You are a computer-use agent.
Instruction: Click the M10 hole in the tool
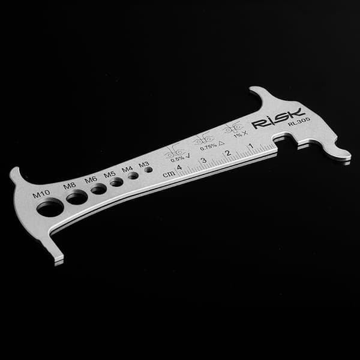(x=50, y=208)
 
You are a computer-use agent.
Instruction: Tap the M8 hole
(x=77, y=197)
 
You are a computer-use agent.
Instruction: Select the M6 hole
(x=99, y=189)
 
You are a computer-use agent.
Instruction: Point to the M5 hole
(x=116, y=182)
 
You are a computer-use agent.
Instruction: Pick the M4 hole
(x=133, y=176)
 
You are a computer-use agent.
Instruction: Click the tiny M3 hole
(x=149, y=170)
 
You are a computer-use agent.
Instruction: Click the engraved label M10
(x=41, y=194)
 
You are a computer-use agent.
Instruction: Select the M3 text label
(x=144, y=164)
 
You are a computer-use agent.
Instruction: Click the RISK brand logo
(x=279, y=118)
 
